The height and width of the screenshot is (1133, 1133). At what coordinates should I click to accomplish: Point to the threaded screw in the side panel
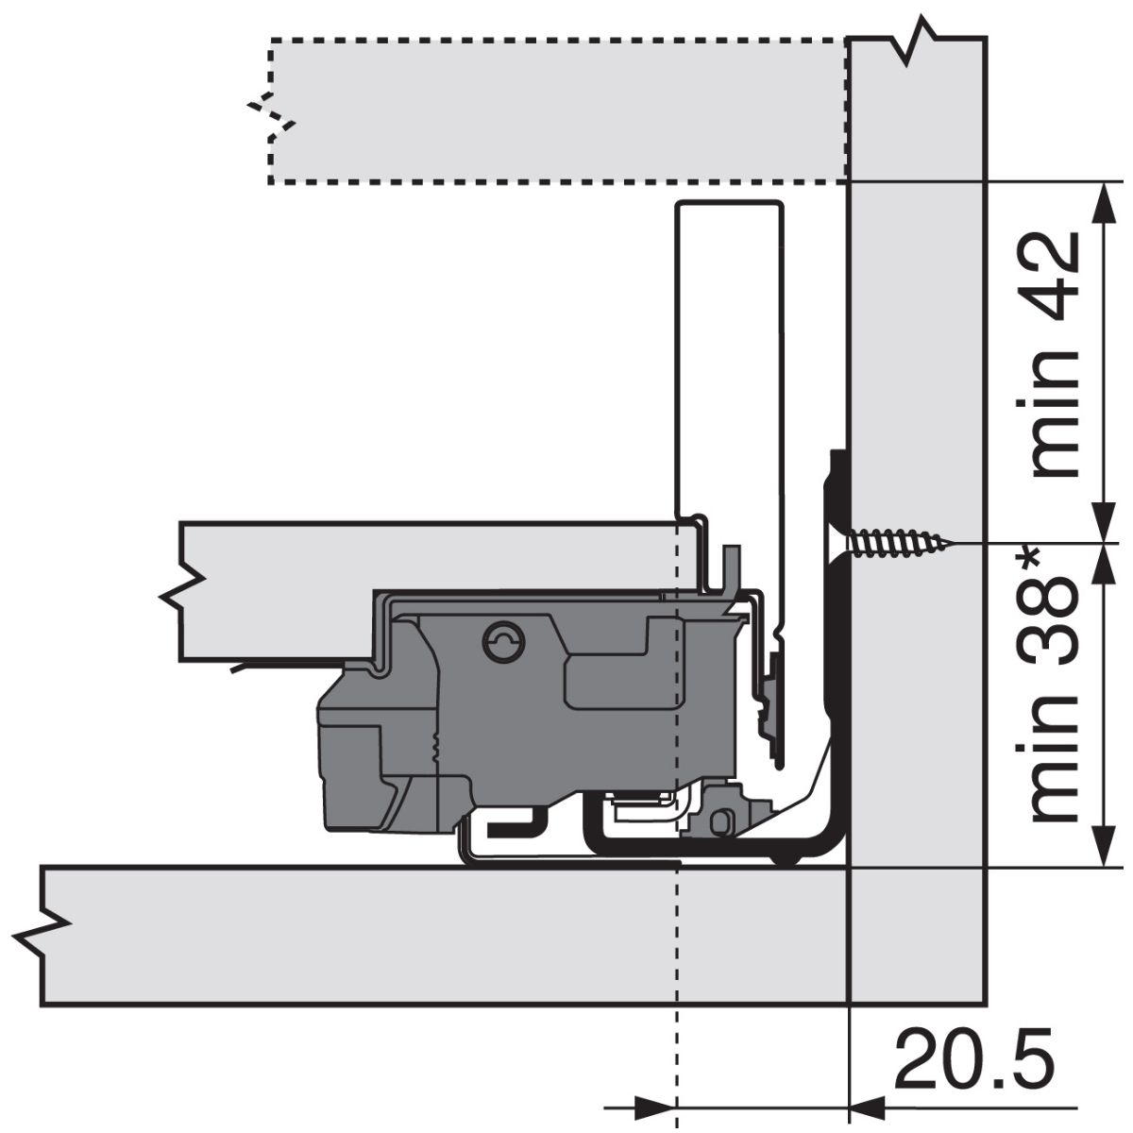tap(899, 542)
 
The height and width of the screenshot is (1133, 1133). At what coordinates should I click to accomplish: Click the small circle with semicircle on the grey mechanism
tap(503, 641)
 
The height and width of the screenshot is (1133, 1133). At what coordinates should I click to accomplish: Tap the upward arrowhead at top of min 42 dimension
tap(1104, 204)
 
